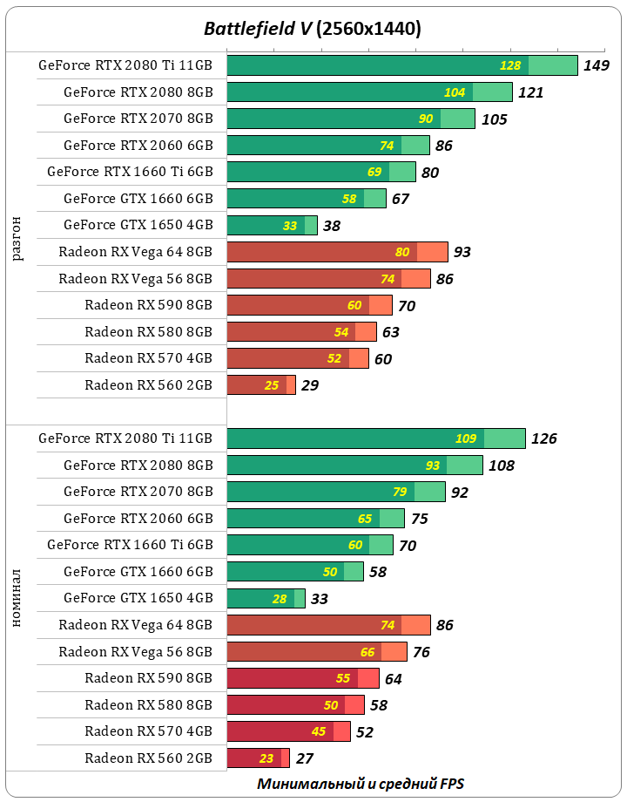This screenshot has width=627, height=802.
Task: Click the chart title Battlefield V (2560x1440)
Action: pyautogui.click(x=313, y=29)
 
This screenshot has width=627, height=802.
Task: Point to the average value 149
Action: pyautogui.click(x=596, y=65)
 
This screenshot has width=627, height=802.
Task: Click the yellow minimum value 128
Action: pyautogui.click(x=510, y=65)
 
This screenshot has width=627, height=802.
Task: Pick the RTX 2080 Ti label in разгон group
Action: pyautogui.click(x=125, y=65)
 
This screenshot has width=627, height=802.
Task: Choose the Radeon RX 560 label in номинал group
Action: pyautogui.click(x=149, y=758)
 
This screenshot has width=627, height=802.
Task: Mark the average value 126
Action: pyautogui.click(x=543, y=438)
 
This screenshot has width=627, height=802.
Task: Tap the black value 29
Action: pyautogui.click(x=309, y=385)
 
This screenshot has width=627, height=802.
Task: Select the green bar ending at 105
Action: pyautogui.click(x=350, y=119)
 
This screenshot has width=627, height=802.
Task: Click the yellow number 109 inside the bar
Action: pyautogui.click(x=466, y=438)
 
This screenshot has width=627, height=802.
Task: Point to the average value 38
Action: pyautogui.click(x=331, y=225)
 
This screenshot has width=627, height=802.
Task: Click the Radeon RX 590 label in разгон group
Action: pyautogui.click(x=149, y=305)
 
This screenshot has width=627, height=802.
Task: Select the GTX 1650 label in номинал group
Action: pyautogui.click(x=138, y=598)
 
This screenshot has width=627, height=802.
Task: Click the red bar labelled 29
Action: pyautogui.click(x=260, y=385)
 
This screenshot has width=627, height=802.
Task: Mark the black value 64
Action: pyautogui.click(x=393, y=678)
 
